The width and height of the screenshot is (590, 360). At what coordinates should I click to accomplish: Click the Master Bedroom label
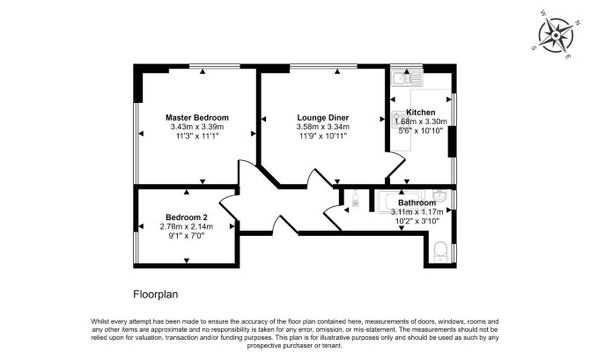pyautogui.click(x=197, y=117)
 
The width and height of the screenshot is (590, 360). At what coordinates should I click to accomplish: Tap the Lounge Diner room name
pyautogui.click(x=323, y=117)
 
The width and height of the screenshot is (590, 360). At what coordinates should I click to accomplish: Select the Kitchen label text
pyautogui.click(x=421, y=112)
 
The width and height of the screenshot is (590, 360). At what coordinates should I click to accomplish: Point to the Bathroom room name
pyautogui.click(x=417, y=202)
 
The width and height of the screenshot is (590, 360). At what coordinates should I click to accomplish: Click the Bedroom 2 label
pyautogui.click(x=187, y=217)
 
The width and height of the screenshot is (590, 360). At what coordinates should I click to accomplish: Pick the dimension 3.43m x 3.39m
pyautogui.click(x=197, y=127)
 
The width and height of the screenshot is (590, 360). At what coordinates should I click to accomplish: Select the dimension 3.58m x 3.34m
pyautogui.click(x=323, y=127)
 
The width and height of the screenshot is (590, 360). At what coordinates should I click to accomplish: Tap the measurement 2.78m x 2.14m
pyautogui.click(x=187, y=226)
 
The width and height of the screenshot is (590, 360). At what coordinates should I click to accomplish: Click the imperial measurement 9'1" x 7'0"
pyautogui.click(x=187, y=236)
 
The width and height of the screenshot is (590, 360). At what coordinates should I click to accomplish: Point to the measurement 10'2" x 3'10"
pyautogui.click(x=417, y=221)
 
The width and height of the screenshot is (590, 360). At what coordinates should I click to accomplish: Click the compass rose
pyautogui.click(x=556, y=35)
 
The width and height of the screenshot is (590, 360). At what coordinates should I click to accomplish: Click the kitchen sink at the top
pyautogui.click(x=407, y=78)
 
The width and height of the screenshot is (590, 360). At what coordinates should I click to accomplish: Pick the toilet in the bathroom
pyautogui.click(x=439, y=252)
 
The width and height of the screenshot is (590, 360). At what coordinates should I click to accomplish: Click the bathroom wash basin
pyautogui.click(x=439, y=195)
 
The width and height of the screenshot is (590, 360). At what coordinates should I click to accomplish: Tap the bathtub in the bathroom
pyautogui.click(x=401, y=202)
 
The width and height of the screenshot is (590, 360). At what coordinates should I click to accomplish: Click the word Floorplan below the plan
pyautogui.click(x=155, y=294)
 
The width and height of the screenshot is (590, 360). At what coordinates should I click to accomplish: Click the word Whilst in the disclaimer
pyautogui.click(x=100, y=321)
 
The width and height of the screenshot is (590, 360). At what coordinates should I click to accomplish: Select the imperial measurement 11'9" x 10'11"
pyautogui.click(x=323, y=136)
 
